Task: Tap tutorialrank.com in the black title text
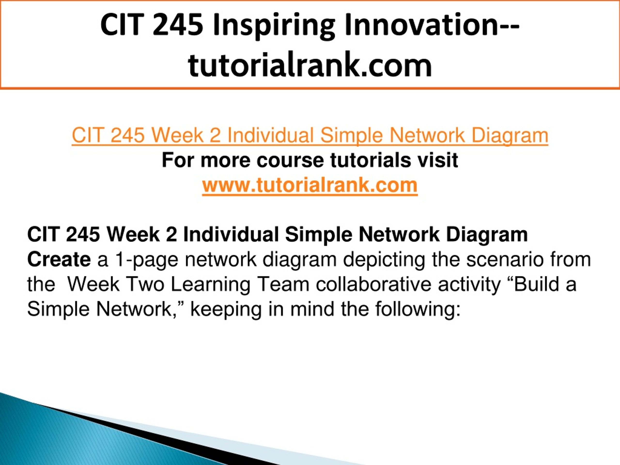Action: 310,65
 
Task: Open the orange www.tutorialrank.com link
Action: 310,185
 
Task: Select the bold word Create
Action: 59,260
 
